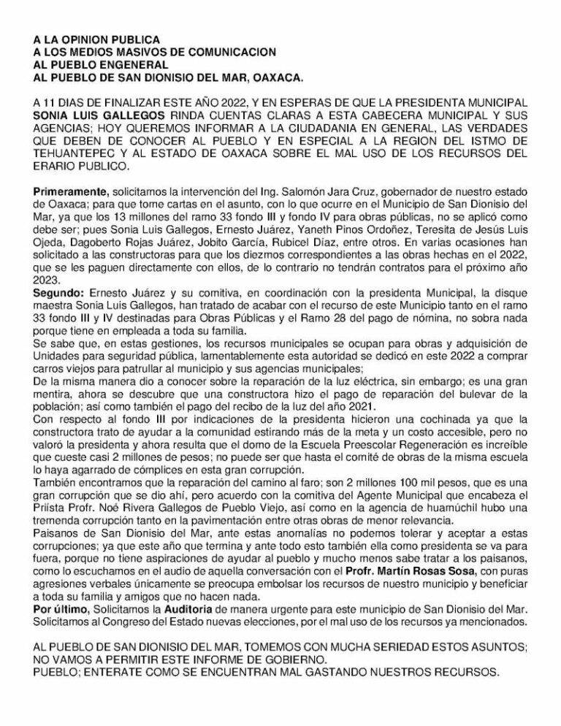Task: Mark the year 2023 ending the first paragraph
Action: click(x=47, y=279)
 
